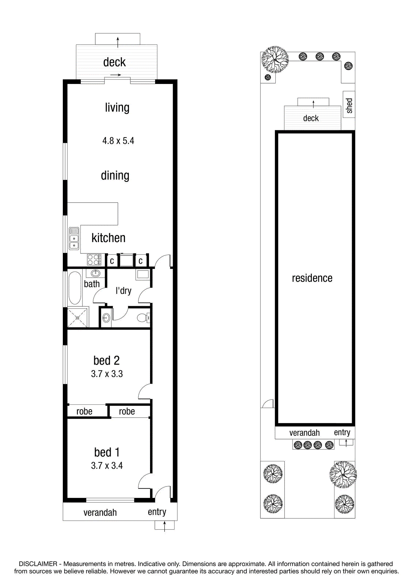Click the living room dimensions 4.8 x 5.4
(x=118, y=141)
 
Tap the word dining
(x=115, y=176)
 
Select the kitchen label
(x=108, y=238)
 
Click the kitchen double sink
(x=74, y=238)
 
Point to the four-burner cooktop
(x=94, y=260)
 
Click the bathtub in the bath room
(x=75, y=288)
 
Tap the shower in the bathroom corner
(x=77, y=318)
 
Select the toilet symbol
(x=143, y=318)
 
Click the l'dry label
(x=123, y=291)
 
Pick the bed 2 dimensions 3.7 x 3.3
(x=107, y=374)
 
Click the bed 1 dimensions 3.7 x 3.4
(x=107, y=465)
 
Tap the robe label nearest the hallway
(x=127, y=411)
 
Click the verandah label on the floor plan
(x=100, y=512)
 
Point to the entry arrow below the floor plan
(x=165, y=526)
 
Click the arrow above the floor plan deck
(x=118, y=42)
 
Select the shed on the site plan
(x=349, y=104)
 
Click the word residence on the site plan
(x=312, y=278)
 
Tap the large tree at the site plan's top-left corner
(x=275, y=59)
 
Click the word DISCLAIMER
(x=38, y=564)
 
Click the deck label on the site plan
(x=311, y=118)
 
